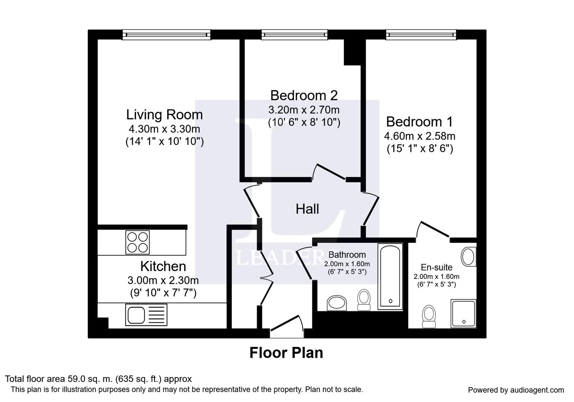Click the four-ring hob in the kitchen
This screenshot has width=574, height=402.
(x=137, y=242)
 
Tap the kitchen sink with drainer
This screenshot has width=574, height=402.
(x=146, y=315)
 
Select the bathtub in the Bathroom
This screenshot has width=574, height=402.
(x=390, y=277)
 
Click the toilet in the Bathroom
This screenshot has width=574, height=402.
(x=364, y=300)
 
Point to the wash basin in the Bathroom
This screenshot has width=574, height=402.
(x=337, y=303)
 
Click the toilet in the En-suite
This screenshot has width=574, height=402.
(x=429, y=316)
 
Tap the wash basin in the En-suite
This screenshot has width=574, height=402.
(x=469, y=256)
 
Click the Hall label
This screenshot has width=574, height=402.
(x=307, y=209)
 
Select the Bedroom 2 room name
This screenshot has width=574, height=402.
(x=304, y=95)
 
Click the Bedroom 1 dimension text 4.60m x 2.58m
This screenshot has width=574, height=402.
(x=420, y=136)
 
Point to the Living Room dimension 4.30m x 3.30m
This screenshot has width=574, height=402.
(x=164, y=129)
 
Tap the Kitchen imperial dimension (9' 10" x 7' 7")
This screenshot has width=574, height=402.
(x=163, y=293)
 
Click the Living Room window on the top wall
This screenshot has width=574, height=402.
(x=166, y=35)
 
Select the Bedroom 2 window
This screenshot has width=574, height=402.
(x=294, y=35)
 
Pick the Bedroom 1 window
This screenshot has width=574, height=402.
(x=421, y=35)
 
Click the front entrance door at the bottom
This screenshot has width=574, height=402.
(x=287, y=326)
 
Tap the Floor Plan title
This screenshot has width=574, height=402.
(x=286, y=353)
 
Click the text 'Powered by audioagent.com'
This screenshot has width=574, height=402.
(x=516, y=390)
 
